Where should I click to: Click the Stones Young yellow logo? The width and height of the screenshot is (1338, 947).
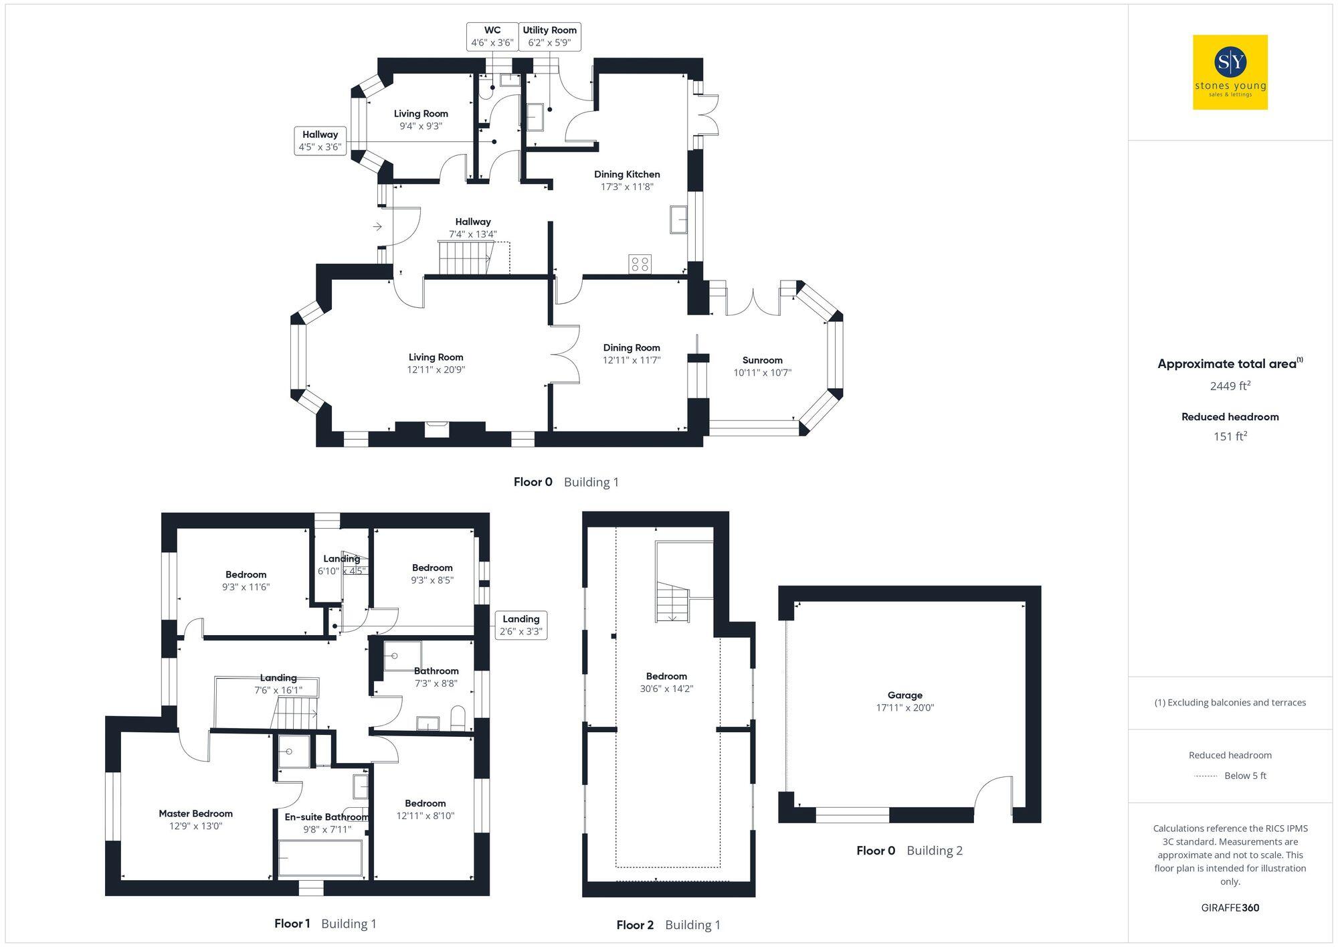pos(1230,72)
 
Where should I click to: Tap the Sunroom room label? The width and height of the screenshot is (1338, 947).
pos(762,360)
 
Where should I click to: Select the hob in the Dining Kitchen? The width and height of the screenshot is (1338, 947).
pos(640,264)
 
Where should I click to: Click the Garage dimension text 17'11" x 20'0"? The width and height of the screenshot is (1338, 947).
pos(904,707)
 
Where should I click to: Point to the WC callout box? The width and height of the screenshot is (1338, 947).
pos(492,36)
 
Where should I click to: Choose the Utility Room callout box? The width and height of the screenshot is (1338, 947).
pos(549,36)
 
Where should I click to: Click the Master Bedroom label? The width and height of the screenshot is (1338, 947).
pos(195,814)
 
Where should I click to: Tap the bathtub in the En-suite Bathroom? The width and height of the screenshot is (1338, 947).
pos(320,858)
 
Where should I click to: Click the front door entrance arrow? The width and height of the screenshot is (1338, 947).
pos(377,227)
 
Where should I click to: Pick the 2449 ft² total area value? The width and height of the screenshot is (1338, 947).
pos(1230,386)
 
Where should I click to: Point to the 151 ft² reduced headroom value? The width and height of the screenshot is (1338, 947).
pos(1230,436)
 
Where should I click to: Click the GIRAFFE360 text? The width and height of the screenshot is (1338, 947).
pos(1230,908)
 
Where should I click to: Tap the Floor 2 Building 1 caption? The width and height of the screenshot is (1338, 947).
pos(668,925)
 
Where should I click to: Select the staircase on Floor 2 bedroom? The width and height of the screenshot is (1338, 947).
pos(672,602)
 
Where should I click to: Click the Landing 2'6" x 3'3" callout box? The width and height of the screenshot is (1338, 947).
pos(520,625)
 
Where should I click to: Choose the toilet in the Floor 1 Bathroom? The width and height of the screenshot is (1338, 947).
pos(458,718)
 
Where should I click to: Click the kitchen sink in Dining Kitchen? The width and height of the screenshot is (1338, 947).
pos(678,220)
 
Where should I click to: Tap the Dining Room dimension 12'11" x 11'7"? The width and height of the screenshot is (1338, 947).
pos(631,360)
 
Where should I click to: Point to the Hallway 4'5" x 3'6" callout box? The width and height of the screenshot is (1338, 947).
pos(320,141)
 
